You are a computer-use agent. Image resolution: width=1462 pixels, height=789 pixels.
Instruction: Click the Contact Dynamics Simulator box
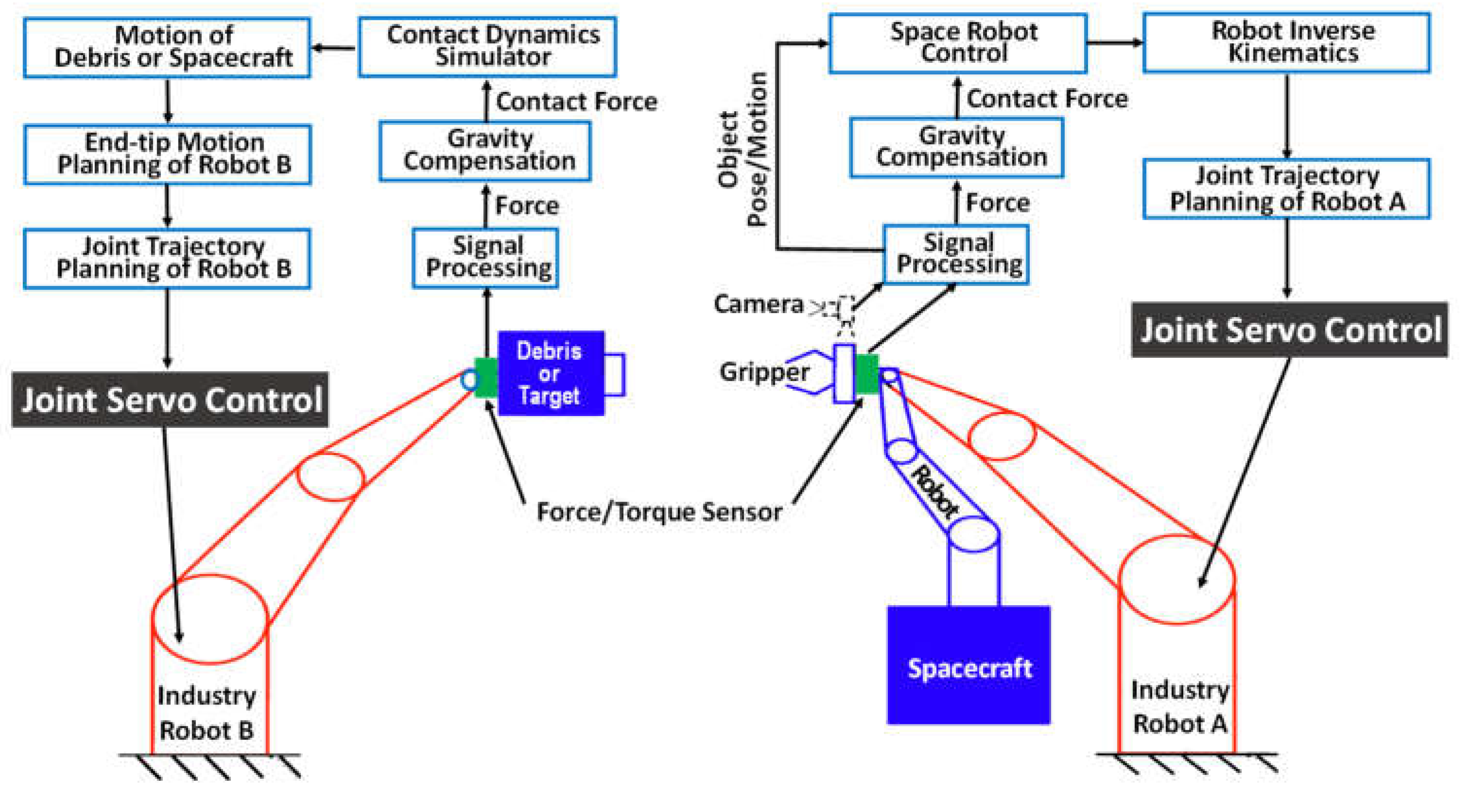coord(487,47)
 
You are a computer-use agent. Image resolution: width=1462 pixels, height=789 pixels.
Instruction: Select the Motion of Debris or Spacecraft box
coord(167,48)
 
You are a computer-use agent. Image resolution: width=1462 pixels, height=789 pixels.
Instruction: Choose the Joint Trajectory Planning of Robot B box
coord(167,258)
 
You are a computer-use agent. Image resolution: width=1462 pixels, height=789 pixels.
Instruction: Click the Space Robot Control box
coord(957,44)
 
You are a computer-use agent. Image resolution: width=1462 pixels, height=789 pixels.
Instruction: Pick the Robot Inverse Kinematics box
coord(1286,43)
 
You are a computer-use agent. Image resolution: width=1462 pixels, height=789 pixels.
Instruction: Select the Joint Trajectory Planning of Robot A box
coord(1286,189)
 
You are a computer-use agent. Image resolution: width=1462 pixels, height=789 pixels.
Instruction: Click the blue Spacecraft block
coord(968,665)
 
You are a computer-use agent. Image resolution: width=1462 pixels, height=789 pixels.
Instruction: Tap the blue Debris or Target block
coord(550,373)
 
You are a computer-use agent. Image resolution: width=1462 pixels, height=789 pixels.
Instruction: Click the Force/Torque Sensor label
coord(659,512)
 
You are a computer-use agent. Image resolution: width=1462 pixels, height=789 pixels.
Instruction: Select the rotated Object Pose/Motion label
coord(743,149)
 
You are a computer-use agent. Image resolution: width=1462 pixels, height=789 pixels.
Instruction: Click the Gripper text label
coord(764,372)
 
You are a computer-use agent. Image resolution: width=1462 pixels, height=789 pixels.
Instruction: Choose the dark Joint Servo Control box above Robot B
coord(170,400)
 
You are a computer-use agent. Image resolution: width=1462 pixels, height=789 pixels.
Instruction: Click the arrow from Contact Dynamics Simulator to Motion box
coord(335,48)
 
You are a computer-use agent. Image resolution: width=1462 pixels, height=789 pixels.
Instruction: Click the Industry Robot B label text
coord(207,713)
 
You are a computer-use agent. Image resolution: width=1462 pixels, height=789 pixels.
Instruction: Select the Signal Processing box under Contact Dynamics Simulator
coord(485,258)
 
